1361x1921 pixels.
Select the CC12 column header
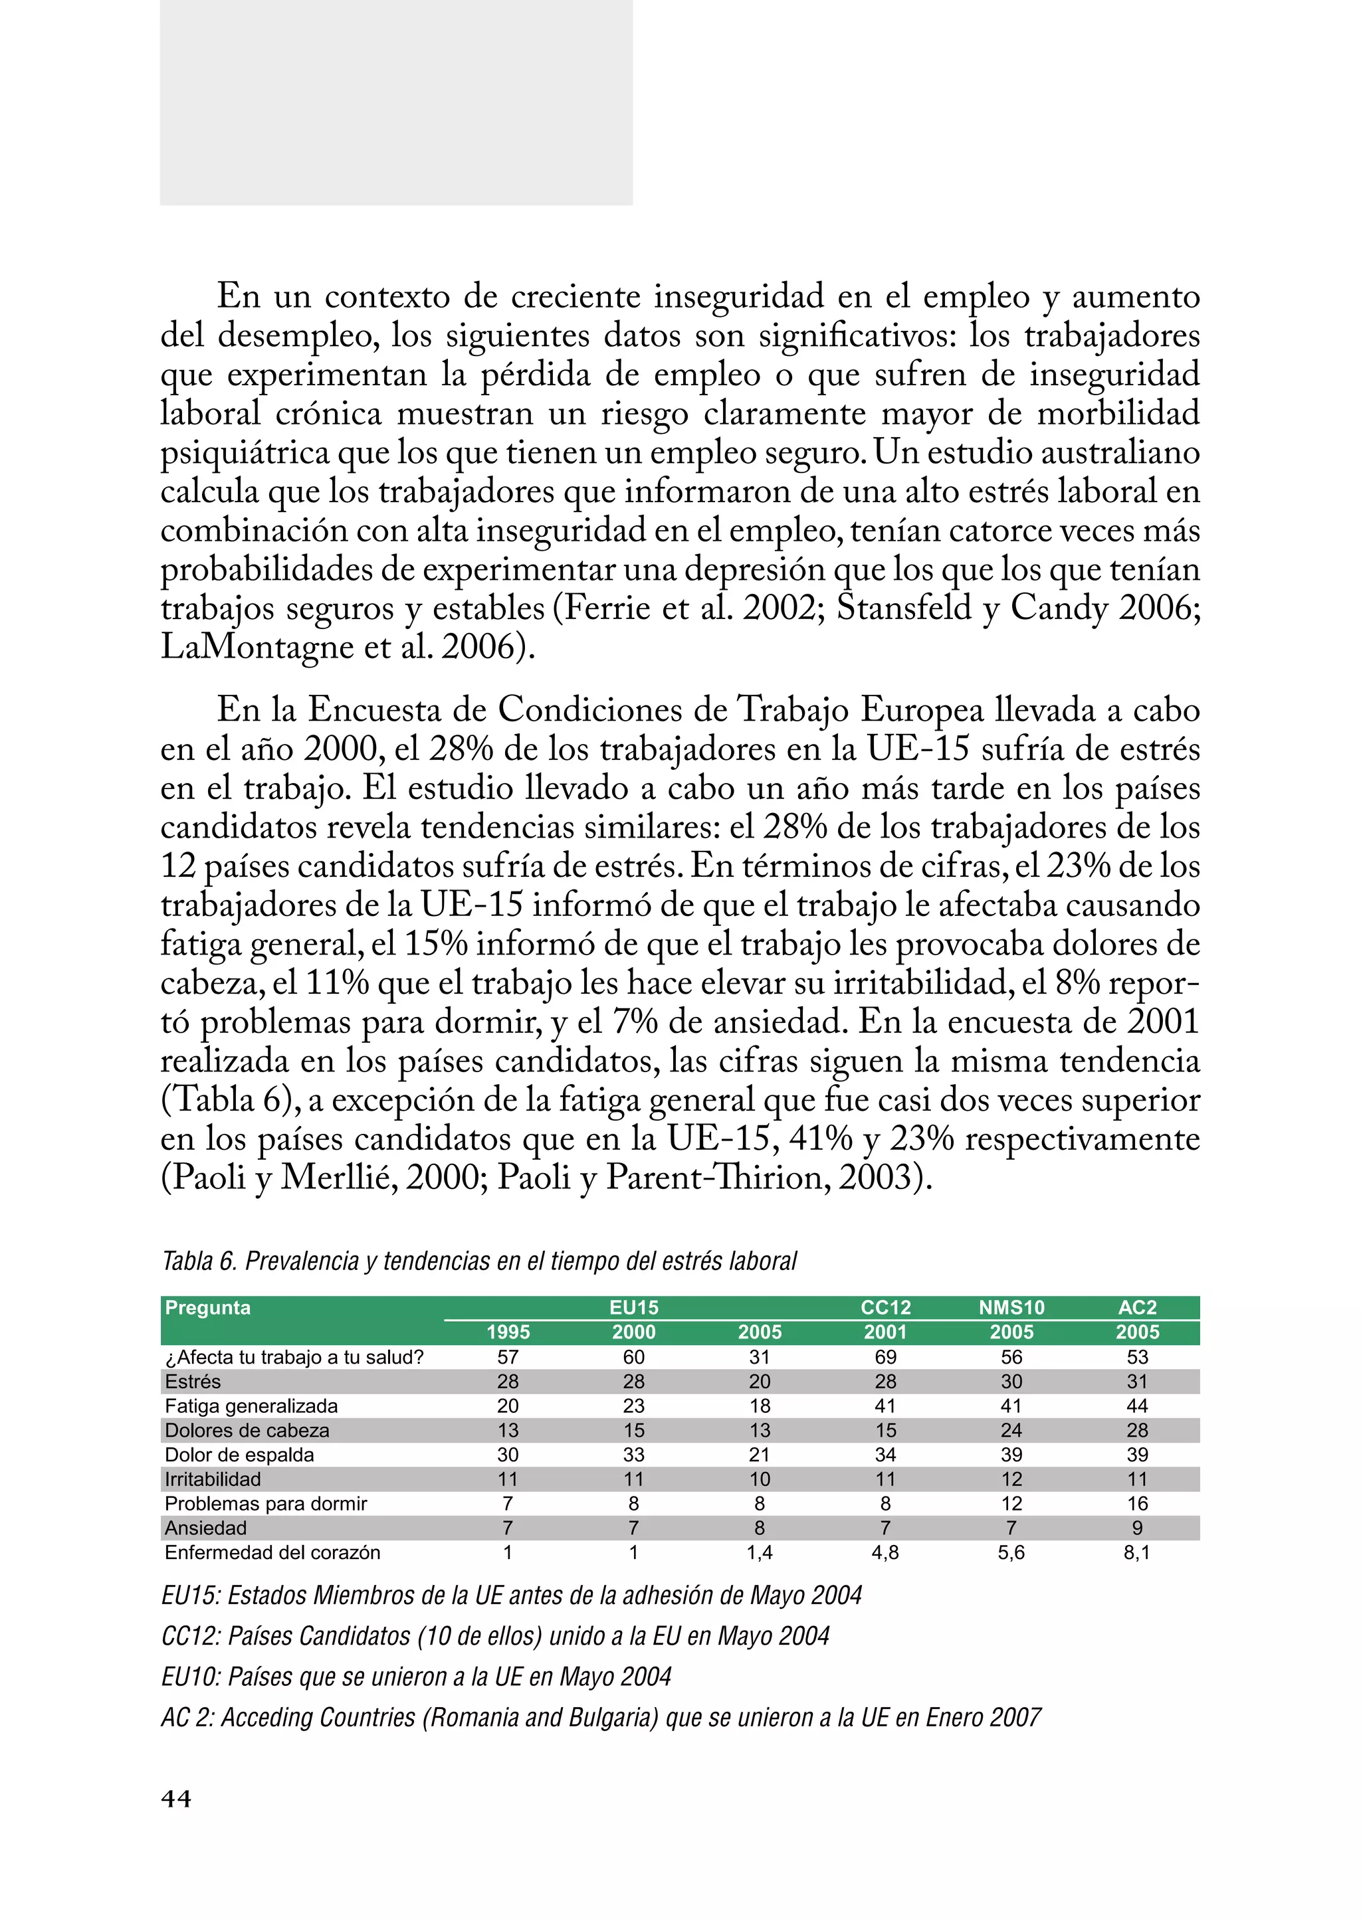(x=885, y=1308)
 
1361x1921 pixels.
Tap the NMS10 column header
(x=1011, y=1308)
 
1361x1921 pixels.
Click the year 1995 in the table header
(x=508, y=1332)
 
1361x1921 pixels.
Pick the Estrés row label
(x=193, y=1382)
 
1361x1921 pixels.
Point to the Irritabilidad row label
(x=213, y=1479)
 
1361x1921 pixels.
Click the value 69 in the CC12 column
(x=885, y=1357)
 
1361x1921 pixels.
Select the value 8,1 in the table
(x=1136, y=1552)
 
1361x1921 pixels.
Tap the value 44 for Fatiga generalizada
(x=1137, y=1406)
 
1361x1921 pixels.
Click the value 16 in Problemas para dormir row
(x=1137, y=1503)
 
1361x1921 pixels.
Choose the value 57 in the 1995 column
(x=508, y=1357)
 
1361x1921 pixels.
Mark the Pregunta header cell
(x=208, y=1308)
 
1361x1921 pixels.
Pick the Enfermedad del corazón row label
(x=272, y=1552)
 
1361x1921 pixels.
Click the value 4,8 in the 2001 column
(x=885, y=1552)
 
